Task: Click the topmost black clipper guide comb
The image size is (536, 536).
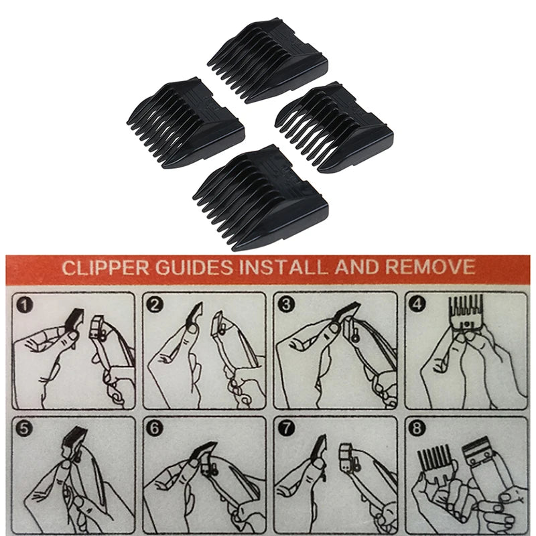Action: (268, 60)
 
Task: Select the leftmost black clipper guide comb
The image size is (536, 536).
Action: (186, 121)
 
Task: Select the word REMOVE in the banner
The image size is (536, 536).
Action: (431, 268)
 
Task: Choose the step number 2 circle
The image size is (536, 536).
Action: (156, 305)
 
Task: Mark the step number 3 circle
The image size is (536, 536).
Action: (287, 305)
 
